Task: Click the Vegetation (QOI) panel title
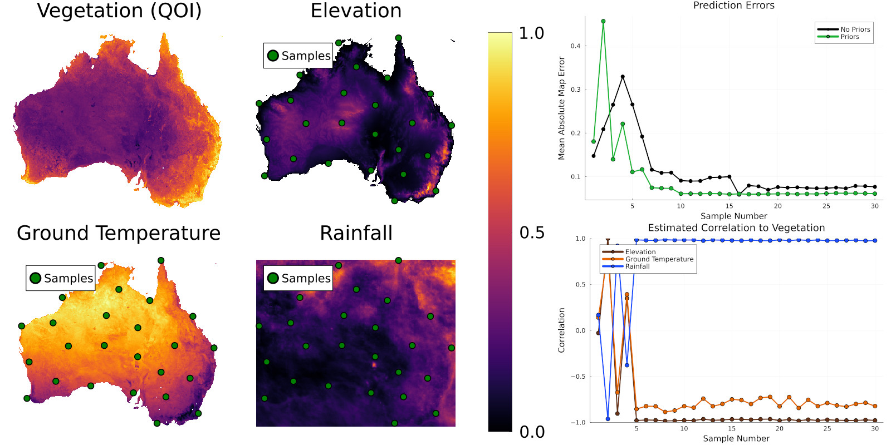[119, 11]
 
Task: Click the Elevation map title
[356, 11]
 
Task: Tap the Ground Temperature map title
[119, 233]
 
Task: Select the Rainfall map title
[356, 233]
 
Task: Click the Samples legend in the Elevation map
[298, 56]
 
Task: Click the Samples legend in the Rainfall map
[298, 278]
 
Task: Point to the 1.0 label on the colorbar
[531, 33]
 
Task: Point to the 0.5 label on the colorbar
[531, 233]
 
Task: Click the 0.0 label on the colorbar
[531, 432]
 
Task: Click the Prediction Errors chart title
[733, 6]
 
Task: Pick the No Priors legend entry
[855, 29]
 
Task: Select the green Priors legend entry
[849, 37]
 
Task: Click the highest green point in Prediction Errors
[603, 21]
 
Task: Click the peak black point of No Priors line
[623, 77]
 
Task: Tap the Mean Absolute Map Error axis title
[561, 108]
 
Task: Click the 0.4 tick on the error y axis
[575, 46]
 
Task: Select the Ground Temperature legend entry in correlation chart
[659, 259]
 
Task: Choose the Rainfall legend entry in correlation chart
[637, 266]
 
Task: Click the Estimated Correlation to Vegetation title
[736, 228]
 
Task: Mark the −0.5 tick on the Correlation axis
[577, 377]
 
